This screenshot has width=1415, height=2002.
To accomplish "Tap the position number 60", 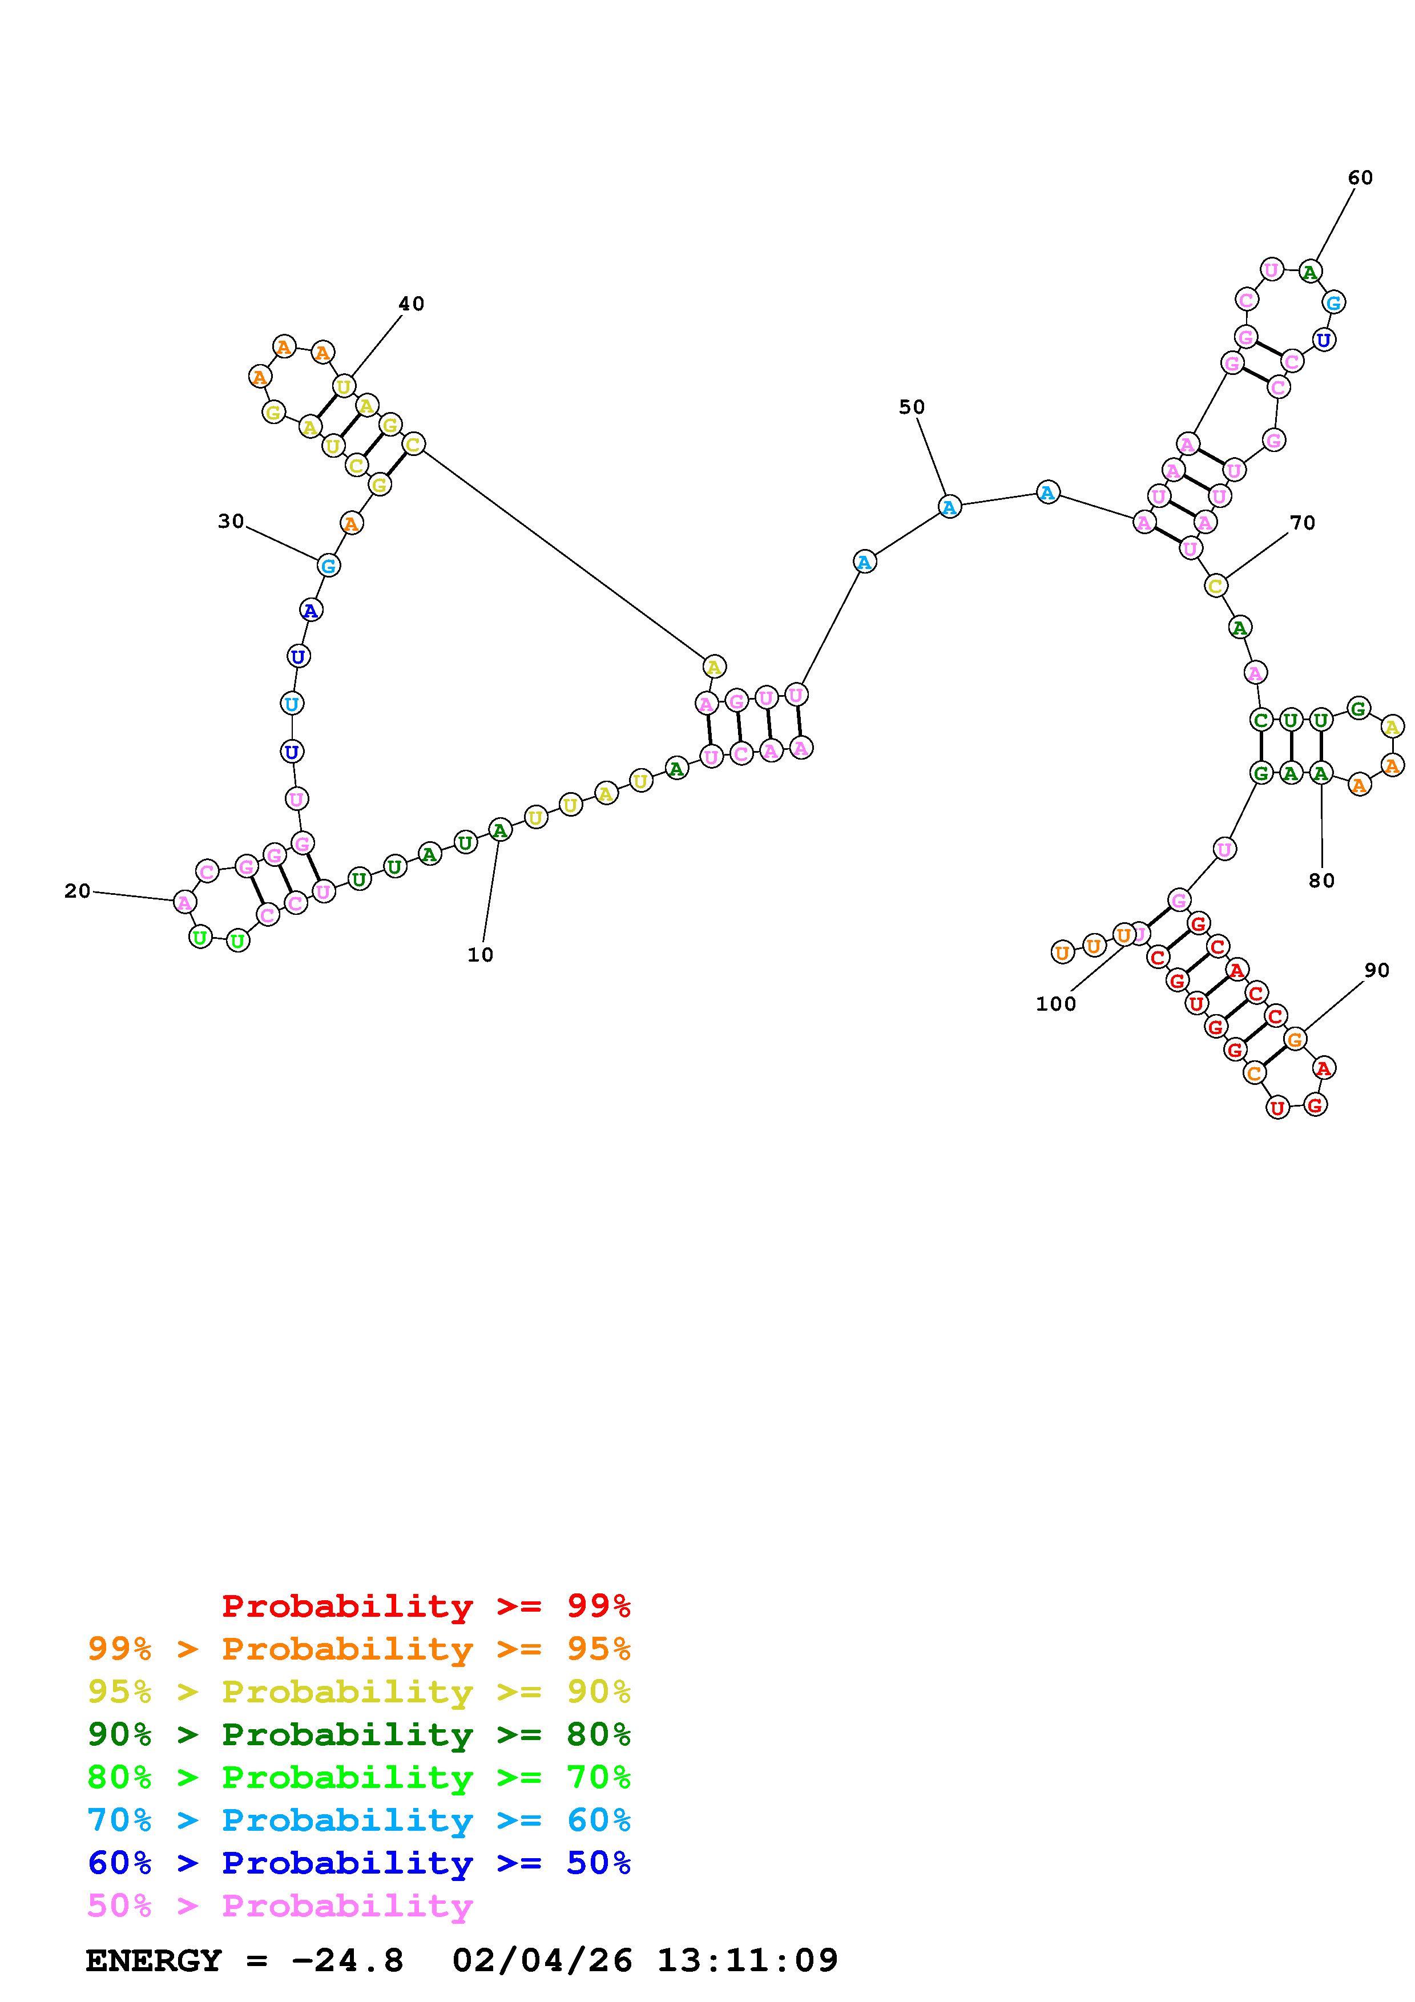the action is point(1360,178).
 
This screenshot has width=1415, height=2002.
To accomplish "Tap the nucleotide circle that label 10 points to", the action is point(499,830).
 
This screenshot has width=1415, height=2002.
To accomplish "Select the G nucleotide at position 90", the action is point(1296,1039).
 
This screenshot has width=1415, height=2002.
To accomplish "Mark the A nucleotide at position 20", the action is point(184,902).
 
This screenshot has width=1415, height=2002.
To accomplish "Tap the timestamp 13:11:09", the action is point(747,1961).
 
